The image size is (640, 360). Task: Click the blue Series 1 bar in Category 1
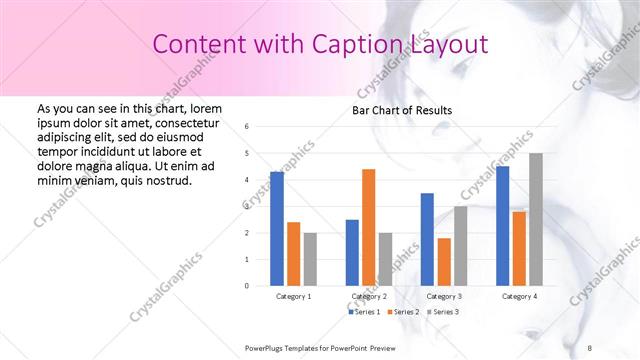277,229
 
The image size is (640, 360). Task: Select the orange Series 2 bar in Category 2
369,227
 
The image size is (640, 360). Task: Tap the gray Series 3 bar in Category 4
536,219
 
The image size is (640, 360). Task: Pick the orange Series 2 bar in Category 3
444,262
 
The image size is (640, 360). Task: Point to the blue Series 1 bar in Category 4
502,226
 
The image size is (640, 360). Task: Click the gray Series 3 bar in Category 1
310,259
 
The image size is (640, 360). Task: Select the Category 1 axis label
294,296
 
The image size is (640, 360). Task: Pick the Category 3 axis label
444,296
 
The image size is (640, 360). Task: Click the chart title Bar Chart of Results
403,110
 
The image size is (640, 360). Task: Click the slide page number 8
590,347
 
